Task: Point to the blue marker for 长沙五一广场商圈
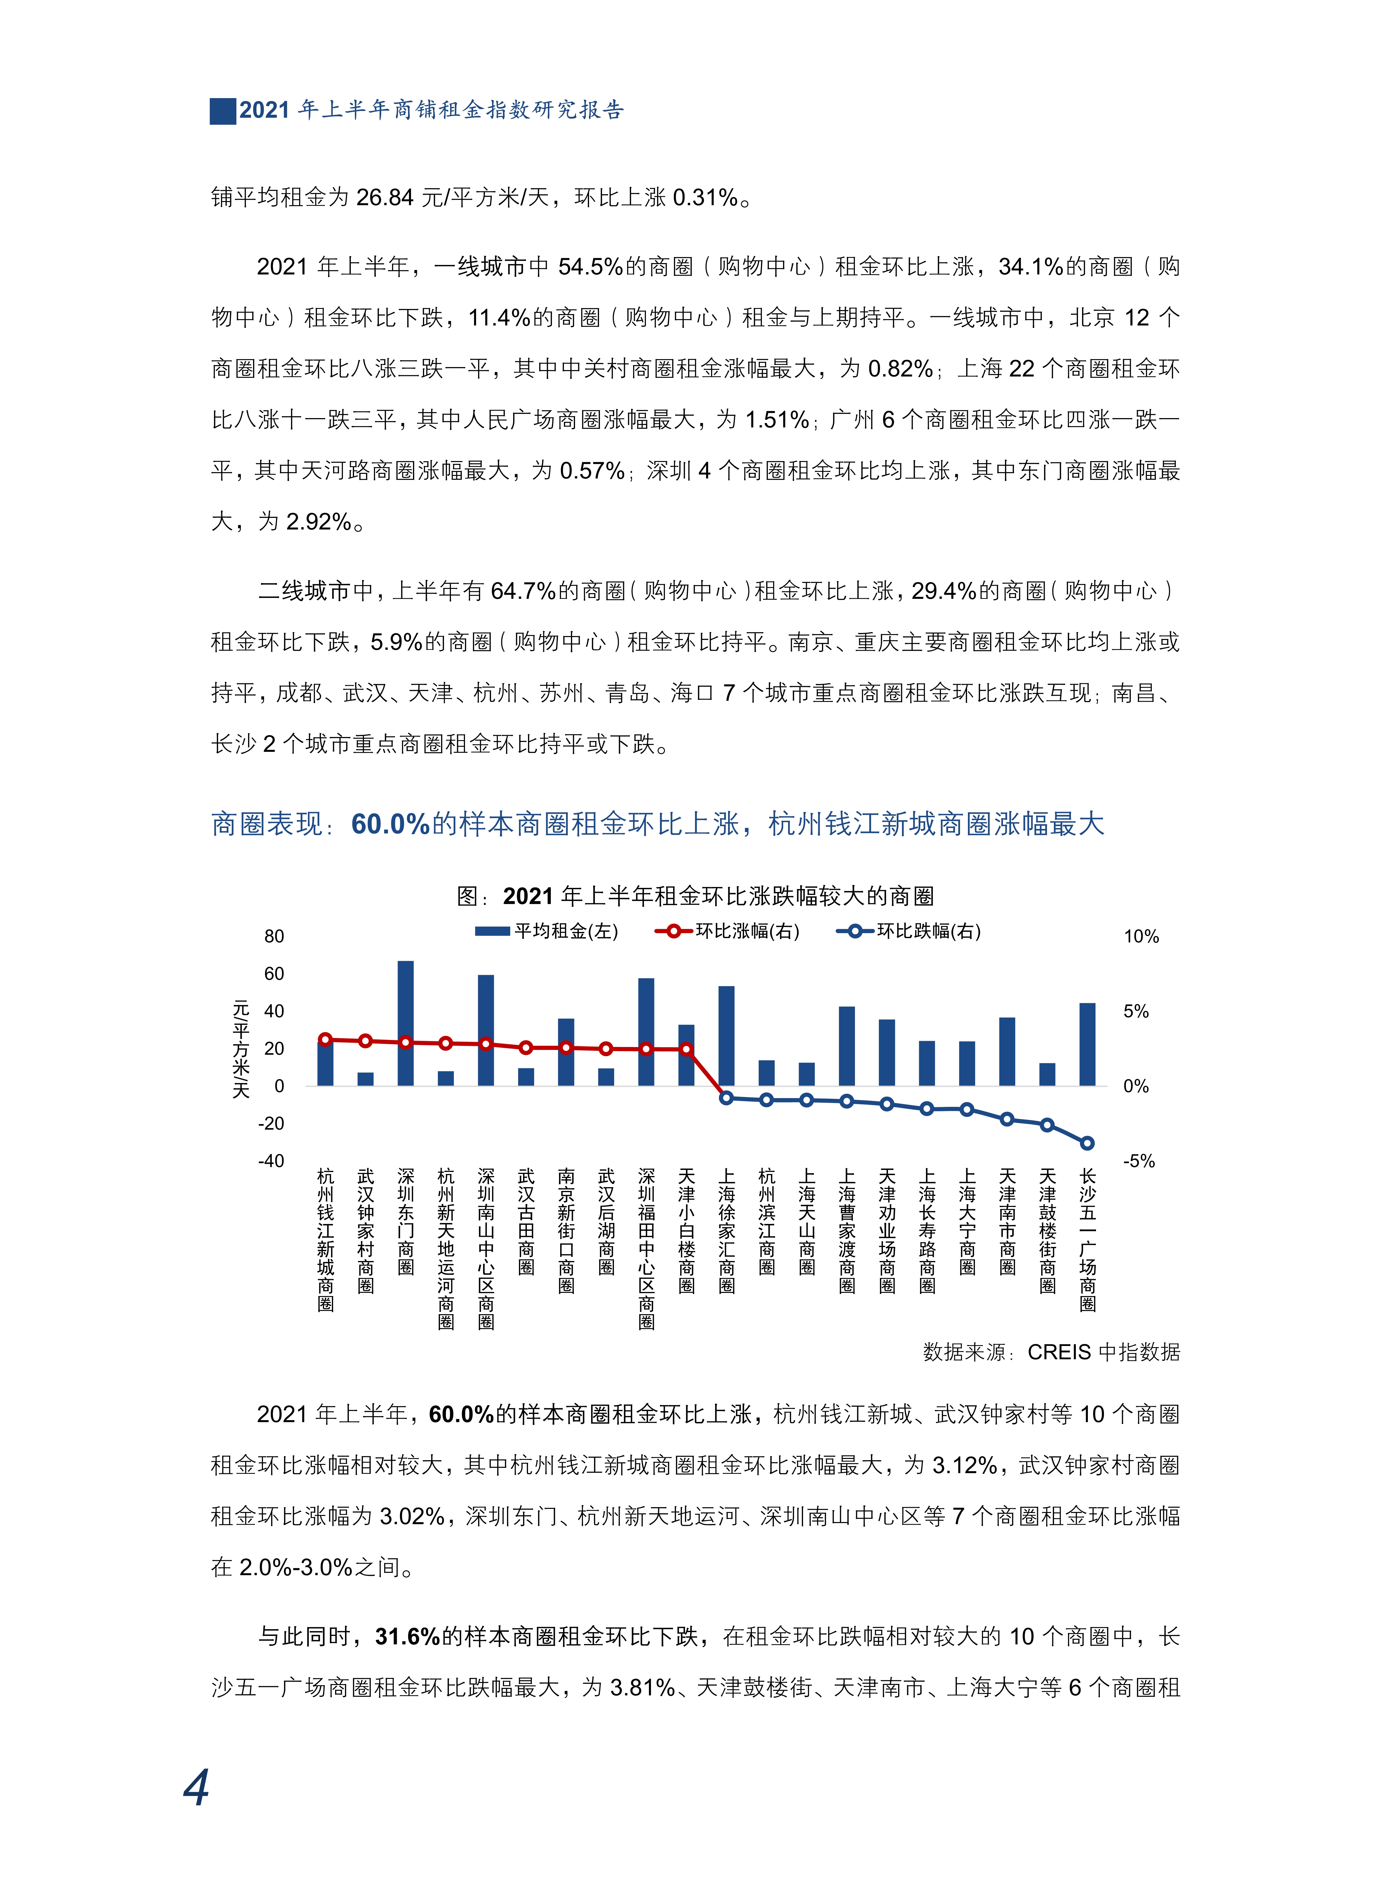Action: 1087,1143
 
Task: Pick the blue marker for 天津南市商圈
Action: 1007,1119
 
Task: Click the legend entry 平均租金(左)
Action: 547,931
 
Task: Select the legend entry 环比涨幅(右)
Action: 728,931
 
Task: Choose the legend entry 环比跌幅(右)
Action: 909,931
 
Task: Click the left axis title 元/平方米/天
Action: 241,1049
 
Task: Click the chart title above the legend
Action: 695,896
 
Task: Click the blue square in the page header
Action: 223,111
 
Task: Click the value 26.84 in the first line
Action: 384,198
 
